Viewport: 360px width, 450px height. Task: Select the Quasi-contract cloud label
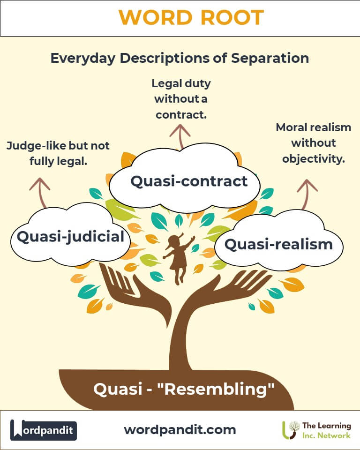point(189,181)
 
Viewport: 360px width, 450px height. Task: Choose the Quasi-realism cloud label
point(278,244)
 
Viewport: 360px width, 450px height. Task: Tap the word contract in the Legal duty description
point(180,114)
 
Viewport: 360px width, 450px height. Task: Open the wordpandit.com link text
point(180,429)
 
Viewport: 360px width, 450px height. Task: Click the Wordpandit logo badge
point(44,430)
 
